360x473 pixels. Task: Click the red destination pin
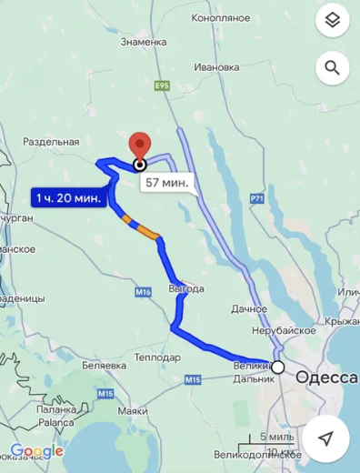139,147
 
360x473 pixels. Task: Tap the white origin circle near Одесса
278,367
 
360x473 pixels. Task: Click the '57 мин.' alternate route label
166,183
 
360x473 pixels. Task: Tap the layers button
332,19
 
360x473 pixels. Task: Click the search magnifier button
332,67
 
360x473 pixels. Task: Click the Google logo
36,450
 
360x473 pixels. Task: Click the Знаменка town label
138,42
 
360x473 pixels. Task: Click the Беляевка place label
101,364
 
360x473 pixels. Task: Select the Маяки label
132,411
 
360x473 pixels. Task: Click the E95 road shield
163,86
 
